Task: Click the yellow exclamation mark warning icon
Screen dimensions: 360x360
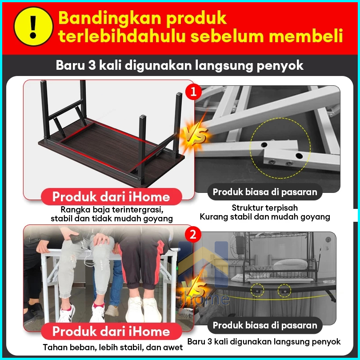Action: [33, 26]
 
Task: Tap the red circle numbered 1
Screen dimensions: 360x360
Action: [193, 92]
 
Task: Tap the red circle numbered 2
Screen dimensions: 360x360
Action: [192, 235]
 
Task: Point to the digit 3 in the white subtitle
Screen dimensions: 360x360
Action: [92, 65]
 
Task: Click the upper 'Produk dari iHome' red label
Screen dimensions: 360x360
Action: [112, 197]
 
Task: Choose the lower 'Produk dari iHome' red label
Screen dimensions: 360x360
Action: [112, 331]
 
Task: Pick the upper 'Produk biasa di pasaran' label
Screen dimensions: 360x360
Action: [265, 192]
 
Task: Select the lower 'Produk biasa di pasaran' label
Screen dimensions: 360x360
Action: [265, 325]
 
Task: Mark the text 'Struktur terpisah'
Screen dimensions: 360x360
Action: [265, 208]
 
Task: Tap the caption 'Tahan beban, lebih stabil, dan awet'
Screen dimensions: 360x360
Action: [113, 348]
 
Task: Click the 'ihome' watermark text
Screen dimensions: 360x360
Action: [205, 298]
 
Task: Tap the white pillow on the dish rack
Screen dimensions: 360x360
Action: [290, 264]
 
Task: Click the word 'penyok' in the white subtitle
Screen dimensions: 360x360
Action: [280, 65]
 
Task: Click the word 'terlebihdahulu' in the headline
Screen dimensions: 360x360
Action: [122, 36]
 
